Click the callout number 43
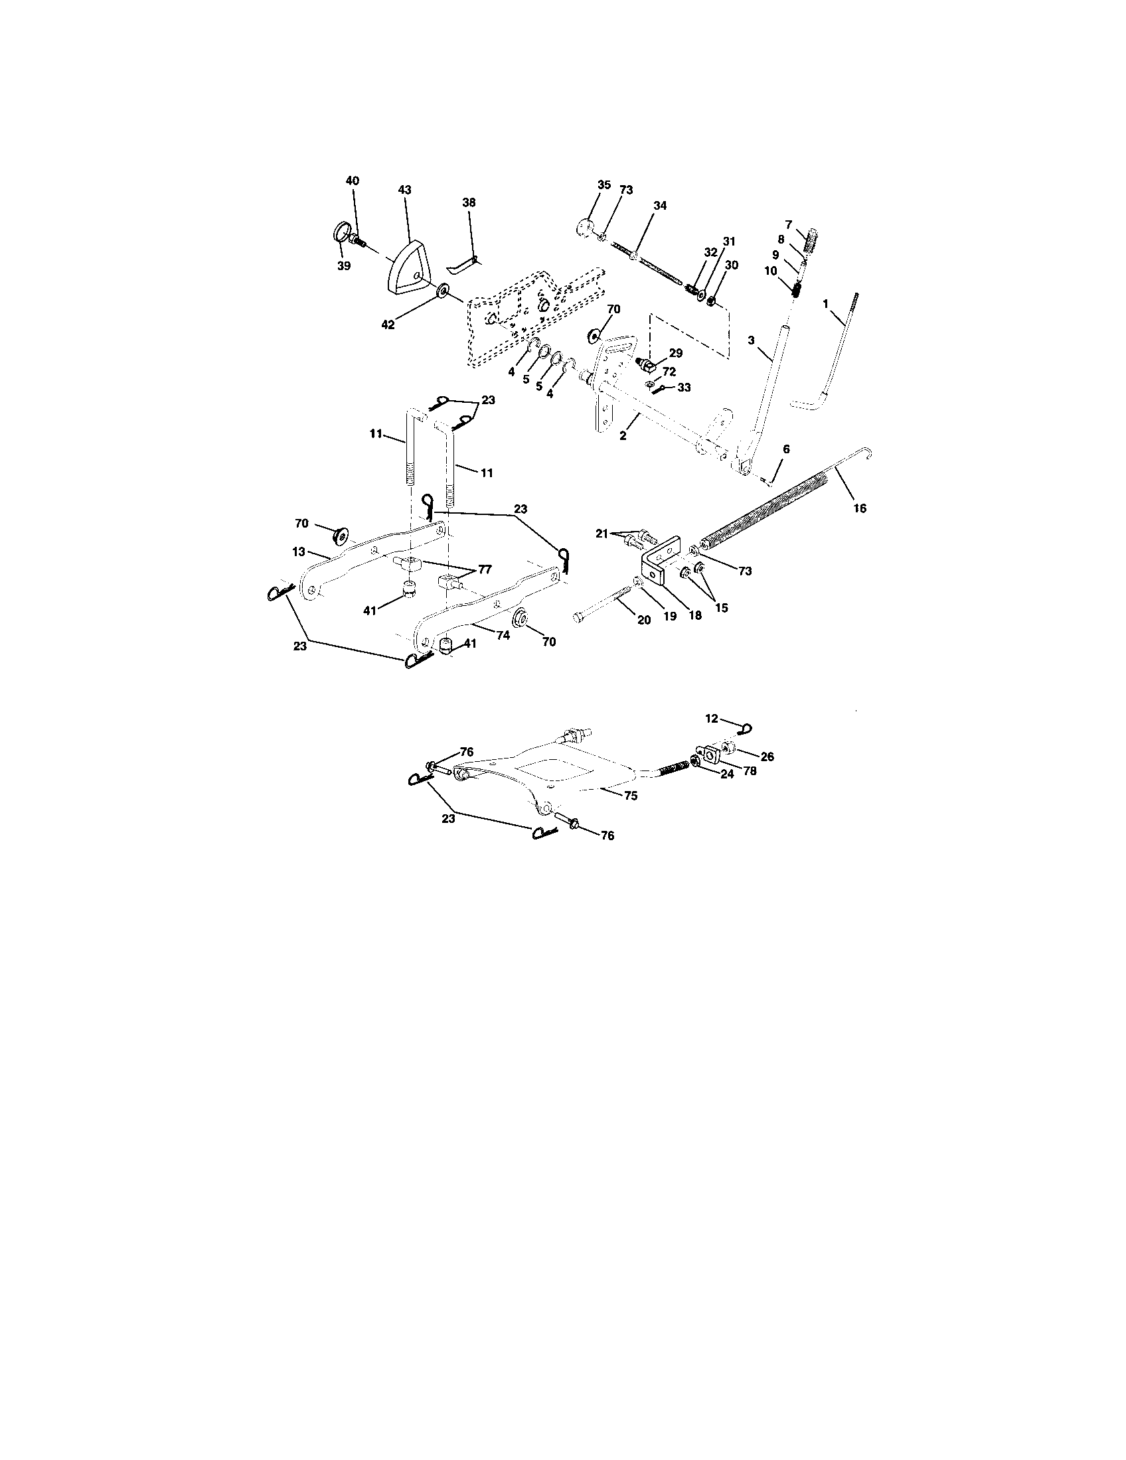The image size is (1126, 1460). tap(404, 190)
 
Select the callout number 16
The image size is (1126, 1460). tap(860, 509)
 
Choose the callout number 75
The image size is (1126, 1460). tap(631, 796)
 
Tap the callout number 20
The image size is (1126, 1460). tap(644, 620)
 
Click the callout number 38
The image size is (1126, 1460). tap(469, 202)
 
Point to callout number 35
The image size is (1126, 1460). tap(603, 185)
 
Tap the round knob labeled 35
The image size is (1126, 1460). tap(584, 226)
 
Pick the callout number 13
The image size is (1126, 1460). tap(298, 552)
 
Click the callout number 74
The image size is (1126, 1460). tap(503, 636)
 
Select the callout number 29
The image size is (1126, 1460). tap(675, 354)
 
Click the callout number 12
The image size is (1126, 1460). tap(712, 719)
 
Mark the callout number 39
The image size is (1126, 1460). tap(344, 265)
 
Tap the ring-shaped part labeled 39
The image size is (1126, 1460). tap(342, 235)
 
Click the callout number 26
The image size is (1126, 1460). tap(767, 757)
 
